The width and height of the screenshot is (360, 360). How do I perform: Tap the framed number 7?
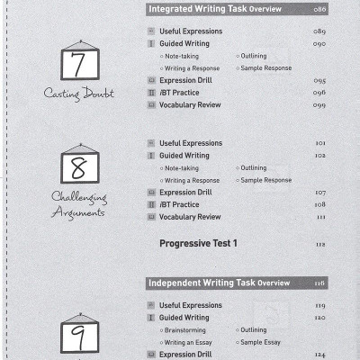(80, 66)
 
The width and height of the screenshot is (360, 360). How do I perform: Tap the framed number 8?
(80, 167)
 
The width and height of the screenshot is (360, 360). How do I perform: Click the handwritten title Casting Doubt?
(79, 94)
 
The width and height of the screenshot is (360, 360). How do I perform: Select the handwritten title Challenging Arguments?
(78, 203)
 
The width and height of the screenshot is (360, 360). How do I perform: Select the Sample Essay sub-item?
(261, 343)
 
